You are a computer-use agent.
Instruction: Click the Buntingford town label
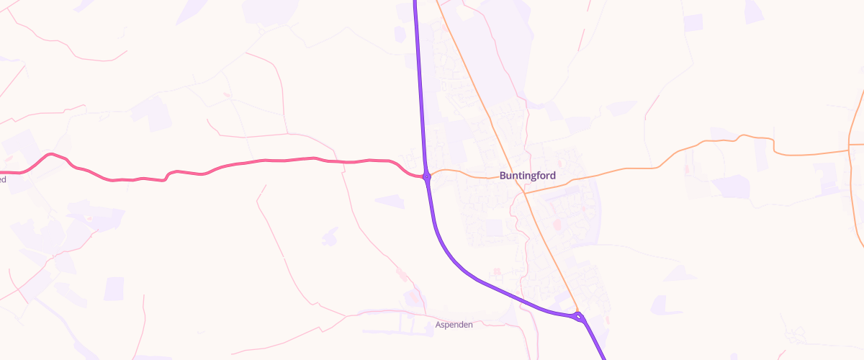coord(527,175)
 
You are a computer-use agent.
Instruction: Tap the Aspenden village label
coord(454,325)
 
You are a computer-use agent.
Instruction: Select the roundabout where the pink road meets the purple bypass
coord(427,176)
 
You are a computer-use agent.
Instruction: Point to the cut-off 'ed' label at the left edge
coord(3,179)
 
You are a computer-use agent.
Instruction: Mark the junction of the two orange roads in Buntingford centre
coord(524,193)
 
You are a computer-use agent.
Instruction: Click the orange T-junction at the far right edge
coord(850,151)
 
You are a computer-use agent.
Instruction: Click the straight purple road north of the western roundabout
coord(420,86)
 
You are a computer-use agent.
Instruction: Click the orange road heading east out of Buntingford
coord(619,170)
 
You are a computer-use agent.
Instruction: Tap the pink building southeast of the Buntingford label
coord(557,225)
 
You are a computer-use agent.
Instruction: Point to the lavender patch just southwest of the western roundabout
coord(390,201)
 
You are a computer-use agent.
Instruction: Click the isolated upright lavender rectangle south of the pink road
coord(114,288)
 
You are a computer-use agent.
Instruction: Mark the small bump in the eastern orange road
coord(742,136)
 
